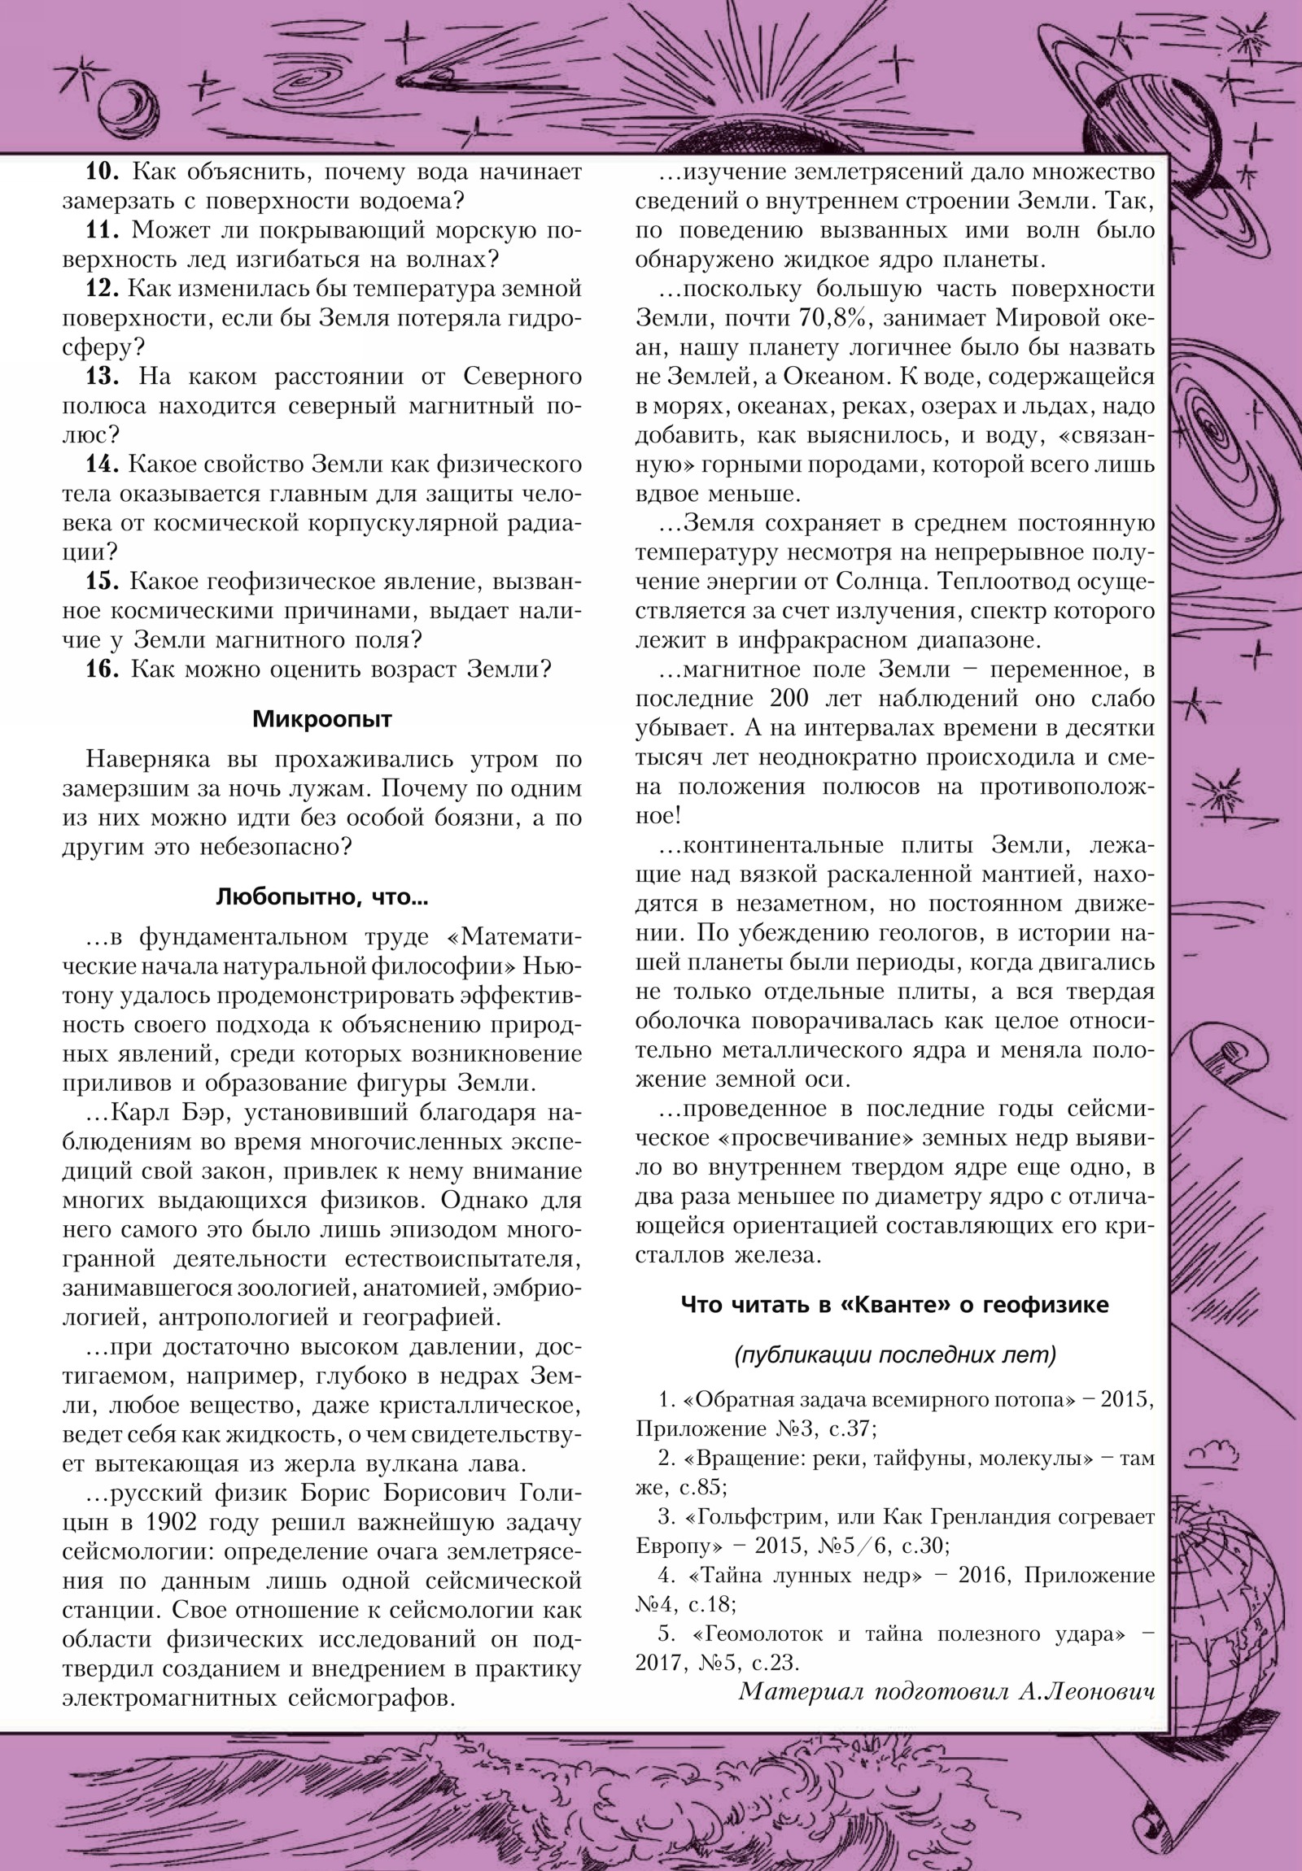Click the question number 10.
click(103, 172)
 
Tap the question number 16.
click(103, 669)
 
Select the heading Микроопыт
click(322, 719)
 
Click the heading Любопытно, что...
click(322, 898)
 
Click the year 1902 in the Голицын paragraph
click(170, 1522)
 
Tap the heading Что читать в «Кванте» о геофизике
click(894, 1305)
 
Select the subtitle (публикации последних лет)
click(894, 1354)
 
